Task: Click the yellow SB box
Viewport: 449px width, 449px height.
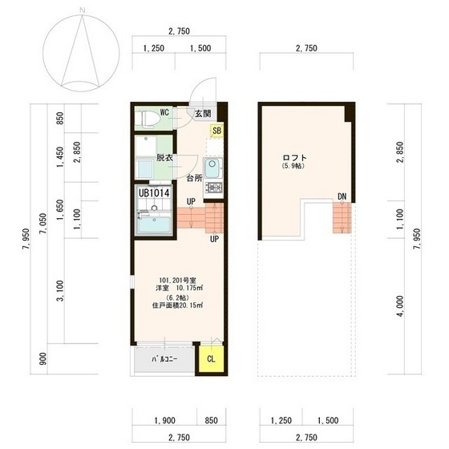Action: pyautogui.click(x=216, y=131)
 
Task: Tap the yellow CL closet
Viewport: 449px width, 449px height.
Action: pyautogui.click(x=212, y=359)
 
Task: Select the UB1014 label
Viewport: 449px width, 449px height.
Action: pyautogui.click(x=154, y=193)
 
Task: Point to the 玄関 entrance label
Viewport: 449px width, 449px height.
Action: pyautogui.click(x=203, y=114)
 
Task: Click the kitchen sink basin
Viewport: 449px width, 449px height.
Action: pyautogui.click(x=212, y=168)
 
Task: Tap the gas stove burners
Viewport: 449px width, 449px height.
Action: pyautogui.click(x=213, y=188)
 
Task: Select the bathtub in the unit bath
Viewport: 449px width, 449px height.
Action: pyautogui.click(x=155, y=224)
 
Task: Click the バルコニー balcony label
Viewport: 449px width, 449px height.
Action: pyautogui.click(x=164, y=359)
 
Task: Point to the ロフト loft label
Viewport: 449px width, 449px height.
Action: pyautogui.click(x=295, y=157)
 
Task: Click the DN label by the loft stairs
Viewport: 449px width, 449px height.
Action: pyautogui.click(x=342, y=196)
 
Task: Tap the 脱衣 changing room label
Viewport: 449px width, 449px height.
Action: pyautogui.click(x=164, y=157)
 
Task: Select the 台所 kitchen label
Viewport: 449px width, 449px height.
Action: pyautogui.click(x=194, y=178)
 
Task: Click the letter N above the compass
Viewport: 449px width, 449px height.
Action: pyautogui.click(x=83, y=10)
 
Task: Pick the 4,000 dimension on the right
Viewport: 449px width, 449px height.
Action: pyautogui.click(x=400, y=306)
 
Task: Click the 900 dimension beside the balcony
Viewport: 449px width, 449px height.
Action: pyautogui.click(x=43, y=359)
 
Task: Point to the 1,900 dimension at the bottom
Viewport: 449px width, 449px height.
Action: pyautogui.click(x=164, y=421)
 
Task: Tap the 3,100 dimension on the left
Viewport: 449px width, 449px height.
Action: pyautogui.click(x=60, y=290)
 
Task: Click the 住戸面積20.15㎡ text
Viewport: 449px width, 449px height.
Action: pyautogui.click(x=177, y=305)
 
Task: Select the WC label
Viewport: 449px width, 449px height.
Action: pyautogui.click(x=164, y=112)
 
